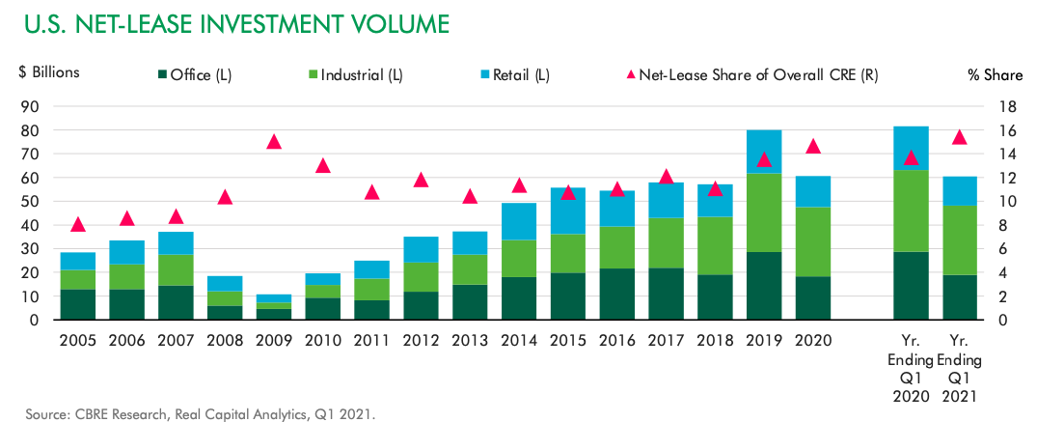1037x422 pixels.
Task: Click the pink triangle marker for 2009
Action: click(274, 142)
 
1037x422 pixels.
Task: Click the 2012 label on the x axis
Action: click(421, 340)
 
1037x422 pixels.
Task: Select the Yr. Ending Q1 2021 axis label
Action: click(960, 369)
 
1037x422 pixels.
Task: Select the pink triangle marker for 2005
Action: click(78, 225)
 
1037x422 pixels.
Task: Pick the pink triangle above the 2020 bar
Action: click(813, 146)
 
